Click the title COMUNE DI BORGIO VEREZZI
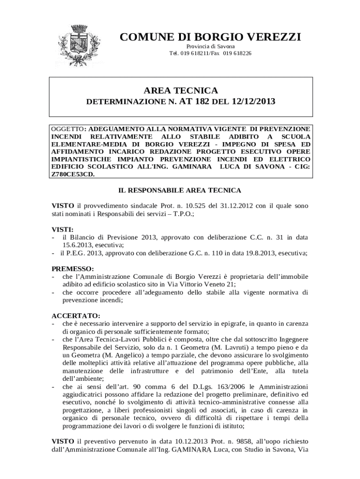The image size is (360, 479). [210, 37]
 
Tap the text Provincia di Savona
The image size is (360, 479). [210, 47]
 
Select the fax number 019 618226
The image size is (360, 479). [237, 53]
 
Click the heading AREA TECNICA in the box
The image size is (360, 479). [182, 90]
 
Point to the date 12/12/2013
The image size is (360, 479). [252, 101]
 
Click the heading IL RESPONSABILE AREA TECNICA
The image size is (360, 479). [180, 190]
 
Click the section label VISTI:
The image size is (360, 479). [62, 230]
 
